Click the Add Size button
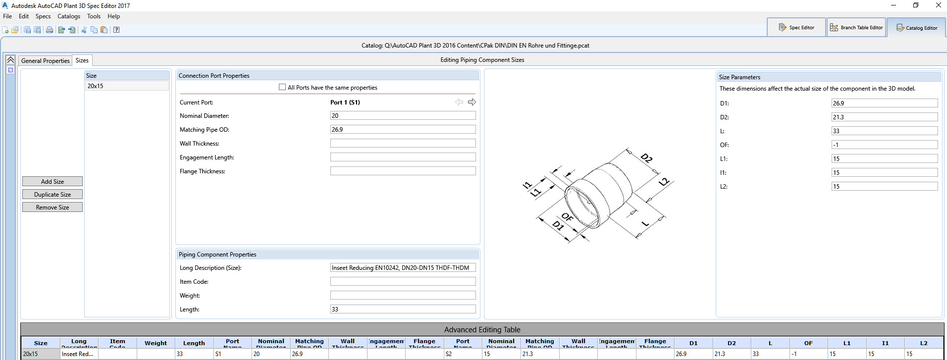pyautogui.click(x=53, y=182)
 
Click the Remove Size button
pyautogui.click(x=53, y=207)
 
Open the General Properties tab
pyautogui.click(x=45, y=60)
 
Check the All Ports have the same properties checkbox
pyautogui.click(x=282, y=87)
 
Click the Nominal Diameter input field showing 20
pyautogui.click(x=402, y=115)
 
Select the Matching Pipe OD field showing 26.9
pyautogui.click(x=402, y=129)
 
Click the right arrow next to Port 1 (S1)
pyautogui.click(x=472, y=102)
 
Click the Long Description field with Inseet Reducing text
pyautogui.click(x=402, y=268)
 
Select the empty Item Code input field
pyautogui.click(x=402, y=282)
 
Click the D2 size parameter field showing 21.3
pyautogui.click(x=884, y=117)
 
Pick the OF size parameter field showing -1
pyautogui.click(x=884, y=145)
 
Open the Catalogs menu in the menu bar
pyautogui.click(x=69, y=16)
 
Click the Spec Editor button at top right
pyautogui.click(x=796, y=28)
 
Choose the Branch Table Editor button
pyautogui.click(x=856, y=28)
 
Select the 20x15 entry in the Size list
pyautogui.click(x=96, y=86)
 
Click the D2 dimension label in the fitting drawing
pyautogui.click(x=646, y=158)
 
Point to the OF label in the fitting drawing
pyautogui.click(x=567, y=217)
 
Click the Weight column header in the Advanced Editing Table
pyautogui.click(x=156, y=343)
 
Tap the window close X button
pyautogui.click(x=938, y=5)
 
